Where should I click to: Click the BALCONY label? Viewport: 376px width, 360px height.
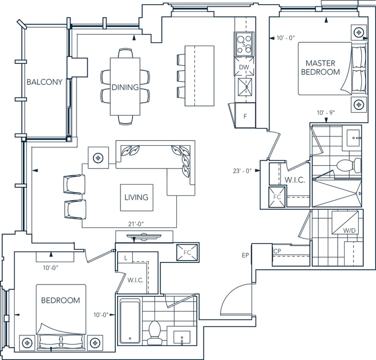click(x=45, y=82)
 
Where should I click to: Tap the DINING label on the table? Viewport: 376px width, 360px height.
click(x=125, y=87)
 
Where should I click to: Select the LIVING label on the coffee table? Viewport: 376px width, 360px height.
click(x=136, y=197)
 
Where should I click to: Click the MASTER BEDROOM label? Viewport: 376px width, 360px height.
click(x=320, y=67)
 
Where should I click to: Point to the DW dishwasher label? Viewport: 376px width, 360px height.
click(x=244, y=67)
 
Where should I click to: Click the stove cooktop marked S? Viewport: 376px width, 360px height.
click(x=244, y=44)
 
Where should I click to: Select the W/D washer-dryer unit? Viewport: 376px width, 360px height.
click(x=345, y=222)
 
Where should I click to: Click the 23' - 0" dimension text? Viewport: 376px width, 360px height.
click(x=242, y=171)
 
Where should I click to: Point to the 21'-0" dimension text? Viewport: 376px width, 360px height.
click(x=135, y=224)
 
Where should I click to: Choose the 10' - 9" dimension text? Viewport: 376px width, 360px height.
click(x=326, y=112)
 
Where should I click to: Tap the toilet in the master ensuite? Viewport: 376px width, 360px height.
click(x=349, y=165)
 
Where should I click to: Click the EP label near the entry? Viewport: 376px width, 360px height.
click(x=245, y=255)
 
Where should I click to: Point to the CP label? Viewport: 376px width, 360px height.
click(x=277, y=251)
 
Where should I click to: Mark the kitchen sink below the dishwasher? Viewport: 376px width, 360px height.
click(x=245, y=87)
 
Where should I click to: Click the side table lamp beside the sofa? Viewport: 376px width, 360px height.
click(x=98, y=158)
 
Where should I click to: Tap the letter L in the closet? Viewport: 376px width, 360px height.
click(x=126, y=258)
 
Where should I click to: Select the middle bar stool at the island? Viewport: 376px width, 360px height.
click(x=181, y=76)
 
